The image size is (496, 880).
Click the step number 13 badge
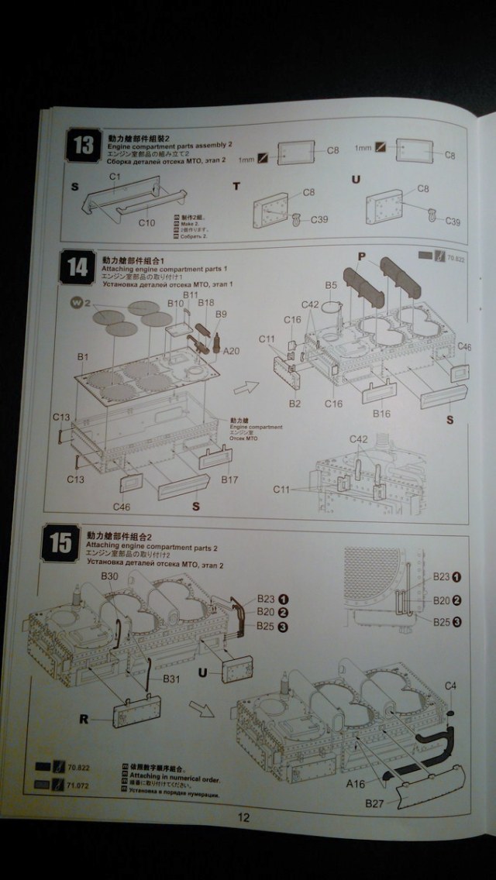81,144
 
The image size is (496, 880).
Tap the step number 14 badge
77,268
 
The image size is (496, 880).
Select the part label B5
331,286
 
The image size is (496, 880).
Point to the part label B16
381,414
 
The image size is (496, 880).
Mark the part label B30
109,576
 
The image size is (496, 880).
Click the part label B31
173,679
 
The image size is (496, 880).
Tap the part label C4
450,686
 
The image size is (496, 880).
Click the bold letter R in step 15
84,719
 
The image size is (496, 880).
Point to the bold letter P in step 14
361,256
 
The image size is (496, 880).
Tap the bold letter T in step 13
237,186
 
